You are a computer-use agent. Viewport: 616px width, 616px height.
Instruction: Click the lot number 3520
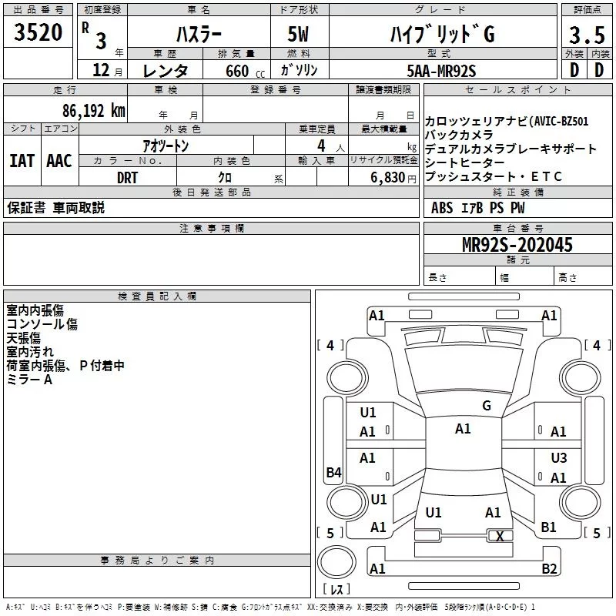click(38, 34)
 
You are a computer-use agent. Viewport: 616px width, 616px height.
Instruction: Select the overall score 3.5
click(585, 35)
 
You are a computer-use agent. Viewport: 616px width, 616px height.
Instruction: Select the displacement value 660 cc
click(237, 72)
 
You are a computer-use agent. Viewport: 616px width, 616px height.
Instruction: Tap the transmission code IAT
click(22, 161)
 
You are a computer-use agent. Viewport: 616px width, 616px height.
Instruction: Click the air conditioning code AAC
click(59, 161)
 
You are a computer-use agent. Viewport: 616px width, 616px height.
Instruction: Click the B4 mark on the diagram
click(333, 473)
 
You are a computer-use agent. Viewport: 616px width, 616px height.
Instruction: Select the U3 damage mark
click(559, 457)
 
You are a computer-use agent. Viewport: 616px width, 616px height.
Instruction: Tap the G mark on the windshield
click(486, 405)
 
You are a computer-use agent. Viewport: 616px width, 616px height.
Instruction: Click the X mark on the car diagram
click(500, 537)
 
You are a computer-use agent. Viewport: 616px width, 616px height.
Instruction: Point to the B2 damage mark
click(549, 569)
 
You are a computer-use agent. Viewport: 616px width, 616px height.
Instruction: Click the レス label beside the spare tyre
click(336, 590)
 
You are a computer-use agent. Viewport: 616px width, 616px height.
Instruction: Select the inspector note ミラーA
click(29, 380)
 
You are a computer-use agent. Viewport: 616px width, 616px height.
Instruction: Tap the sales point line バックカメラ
click(459, 135)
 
